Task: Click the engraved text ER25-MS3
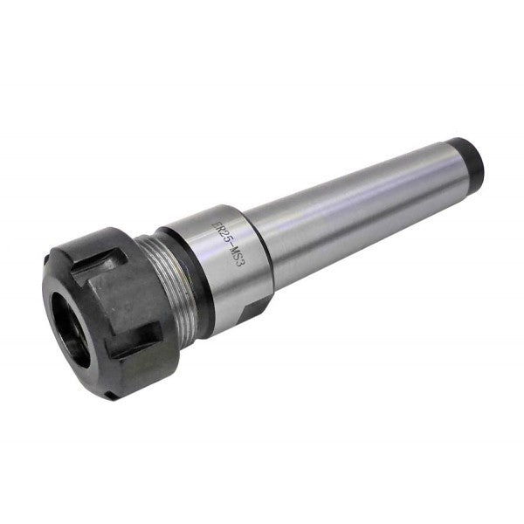click(x=226, y=242)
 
